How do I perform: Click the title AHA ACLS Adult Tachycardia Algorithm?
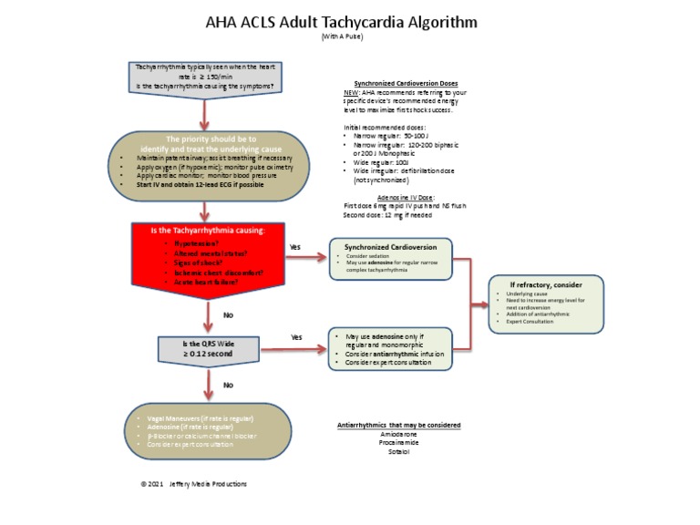pyautogui.click(x=351, y=21)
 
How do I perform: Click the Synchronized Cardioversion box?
pyautogui.click(x=390, y=259)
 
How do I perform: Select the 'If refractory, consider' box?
pyautogui.click(x=545, y=306)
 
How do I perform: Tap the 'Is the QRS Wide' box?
pyautogui.click(x=209, y=349)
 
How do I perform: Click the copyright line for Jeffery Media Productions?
pyautogui.click(x=193, y=484)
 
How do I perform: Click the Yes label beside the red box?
pyautogui.click(x=295, y=247)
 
